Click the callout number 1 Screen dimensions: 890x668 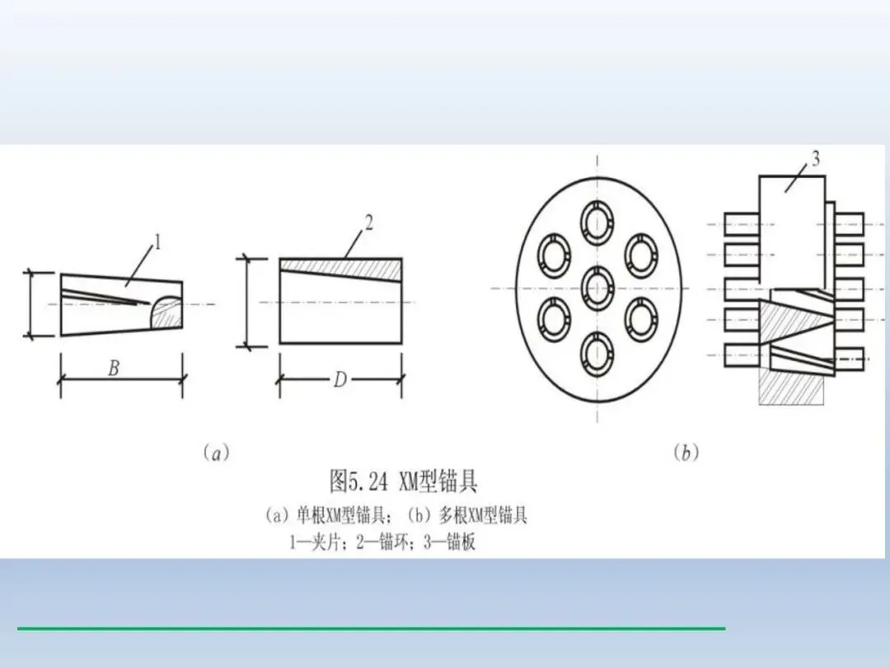point(157,242)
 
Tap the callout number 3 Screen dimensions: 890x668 point(815,159)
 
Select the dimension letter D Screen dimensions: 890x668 point(340,380)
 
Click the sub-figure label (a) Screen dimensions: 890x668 point(216,453)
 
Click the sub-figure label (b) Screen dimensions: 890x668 point(686,453)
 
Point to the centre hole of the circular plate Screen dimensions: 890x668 point(597,287)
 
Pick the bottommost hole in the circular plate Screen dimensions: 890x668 point(597,354)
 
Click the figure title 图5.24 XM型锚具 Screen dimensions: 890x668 point(403,481)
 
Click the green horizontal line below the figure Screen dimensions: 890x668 point(371,628)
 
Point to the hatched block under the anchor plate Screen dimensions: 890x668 point(791,388)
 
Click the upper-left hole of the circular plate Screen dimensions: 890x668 point(554,255)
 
